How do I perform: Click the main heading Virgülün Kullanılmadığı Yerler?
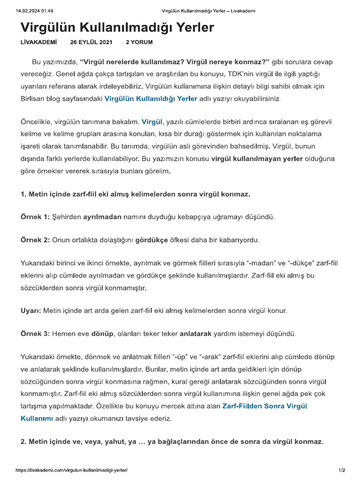pyautogui.click(x=117, y=28)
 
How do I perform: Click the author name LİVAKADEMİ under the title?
pyautogui.click(x=39, y=42)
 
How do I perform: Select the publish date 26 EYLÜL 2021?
pyautogui.click(x=91, y=42)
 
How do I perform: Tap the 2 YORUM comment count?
pyautogui.click(x=139, y=42)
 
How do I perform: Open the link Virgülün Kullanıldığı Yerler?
pyautogui.click(x=150, y=99)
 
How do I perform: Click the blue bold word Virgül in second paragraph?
pyautogui.click(x=152, y=122)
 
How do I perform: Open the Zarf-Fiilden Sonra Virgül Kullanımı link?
pyautogui.click(x=264, y=406)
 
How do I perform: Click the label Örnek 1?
pyautogui.click(x=35, y=217)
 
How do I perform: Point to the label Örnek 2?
pyautogui.click(x=35, y=240)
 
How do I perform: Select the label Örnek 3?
pyautogui.click(x=35, y=334)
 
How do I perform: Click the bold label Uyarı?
pyautogui.click(x=31, y=311)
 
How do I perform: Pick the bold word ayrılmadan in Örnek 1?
pyautogui.click(x=102, y=217)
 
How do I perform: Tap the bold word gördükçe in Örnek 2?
pyautogui.click(x=151, y=240)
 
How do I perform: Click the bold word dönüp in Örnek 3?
pyautogui.click(x=103, y=334)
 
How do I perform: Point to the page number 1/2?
pyautogui.click(x=342, y=470)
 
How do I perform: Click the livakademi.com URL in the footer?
pyautogui.click(x=72, y=470)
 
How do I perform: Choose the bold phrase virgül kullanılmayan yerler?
pyautogui.click(x=257, y=159)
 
